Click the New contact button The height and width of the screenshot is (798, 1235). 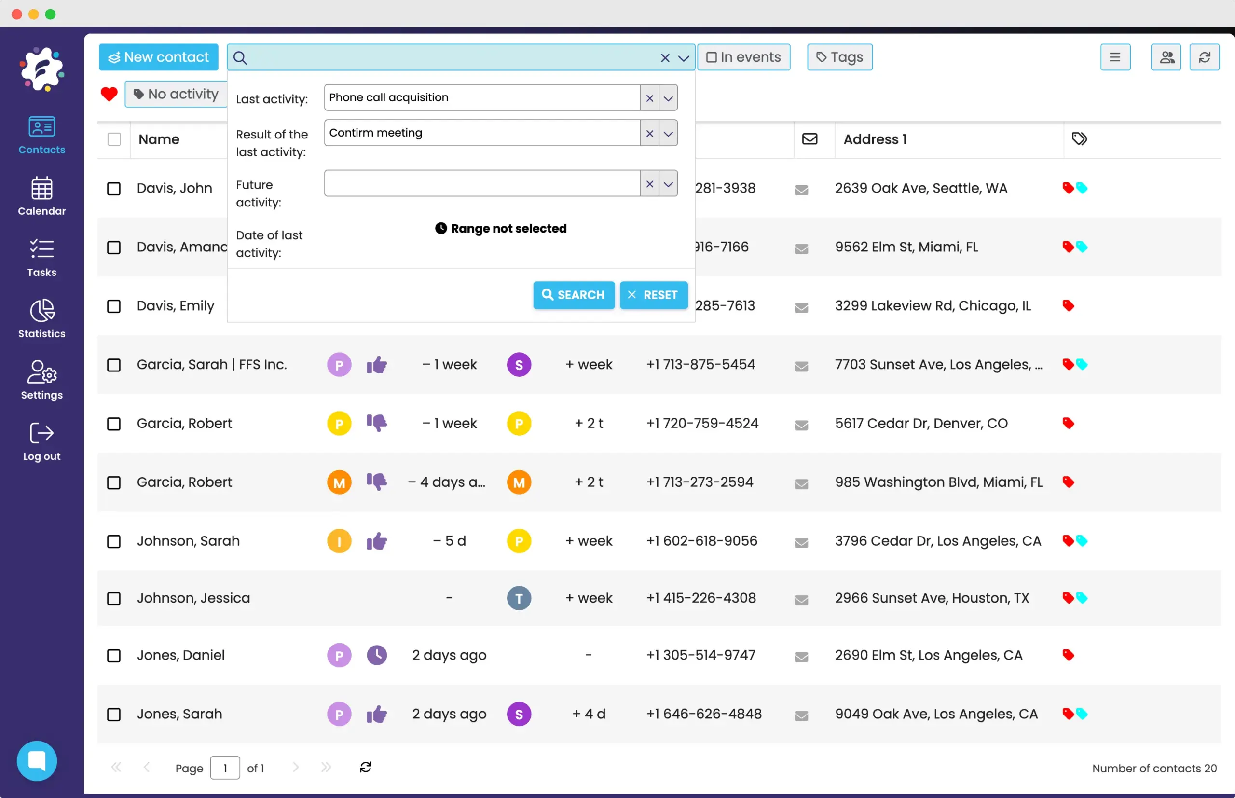point(159,57)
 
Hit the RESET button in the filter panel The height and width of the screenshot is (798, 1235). point(653,295)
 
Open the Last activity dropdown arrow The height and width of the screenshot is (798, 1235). point(668,98)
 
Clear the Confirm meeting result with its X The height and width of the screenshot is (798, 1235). point(650,133)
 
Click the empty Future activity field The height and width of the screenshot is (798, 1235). point(482,183)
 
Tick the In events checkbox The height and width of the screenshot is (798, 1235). point(712,57)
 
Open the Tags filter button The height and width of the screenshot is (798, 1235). point(839,57)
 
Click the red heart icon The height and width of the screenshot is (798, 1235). point(109,94)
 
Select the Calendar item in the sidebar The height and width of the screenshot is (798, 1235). point(42,196)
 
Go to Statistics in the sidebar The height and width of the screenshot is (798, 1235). point(42,319)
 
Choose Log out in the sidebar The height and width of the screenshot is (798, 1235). point(42,441)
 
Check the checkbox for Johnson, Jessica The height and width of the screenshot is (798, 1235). point(114,598)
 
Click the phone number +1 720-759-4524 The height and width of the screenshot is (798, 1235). point(702,423)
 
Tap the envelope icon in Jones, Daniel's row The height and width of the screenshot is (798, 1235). point(801,657)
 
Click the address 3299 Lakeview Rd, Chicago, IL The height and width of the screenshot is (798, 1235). point(933,306)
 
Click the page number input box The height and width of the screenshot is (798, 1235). point(225,768)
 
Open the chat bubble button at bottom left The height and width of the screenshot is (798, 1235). point(37,761)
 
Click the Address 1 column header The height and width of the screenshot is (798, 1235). point(875,139)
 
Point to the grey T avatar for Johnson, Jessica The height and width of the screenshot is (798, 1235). point(519,598)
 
